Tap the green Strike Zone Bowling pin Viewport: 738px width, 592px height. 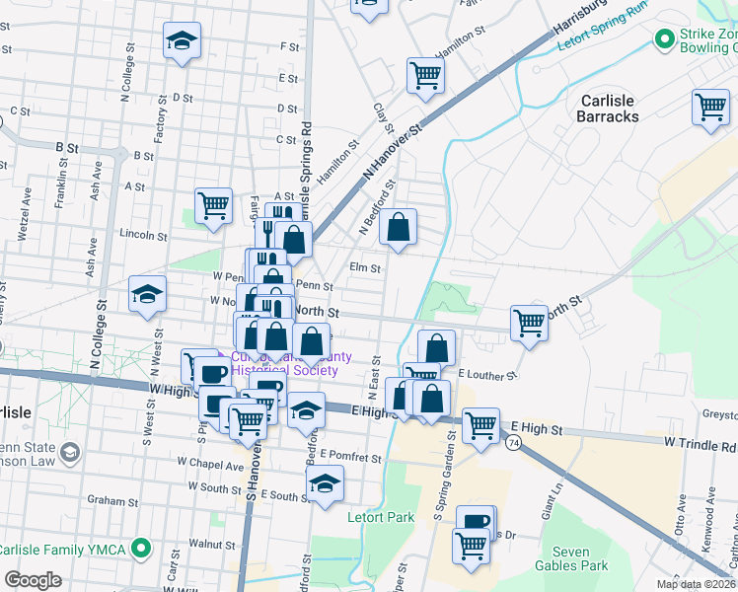(663, 39)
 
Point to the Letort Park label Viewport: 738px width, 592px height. (381, 516)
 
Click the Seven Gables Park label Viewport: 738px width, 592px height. (571, 558)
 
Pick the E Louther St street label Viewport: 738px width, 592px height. (487, 376)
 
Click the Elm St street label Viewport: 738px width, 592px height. (365, 267)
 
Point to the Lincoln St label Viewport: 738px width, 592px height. (142, 236)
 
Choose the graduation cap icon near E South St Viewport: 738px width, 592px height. (324, 483)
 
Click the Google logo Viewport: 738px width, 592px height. (33, 580)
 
